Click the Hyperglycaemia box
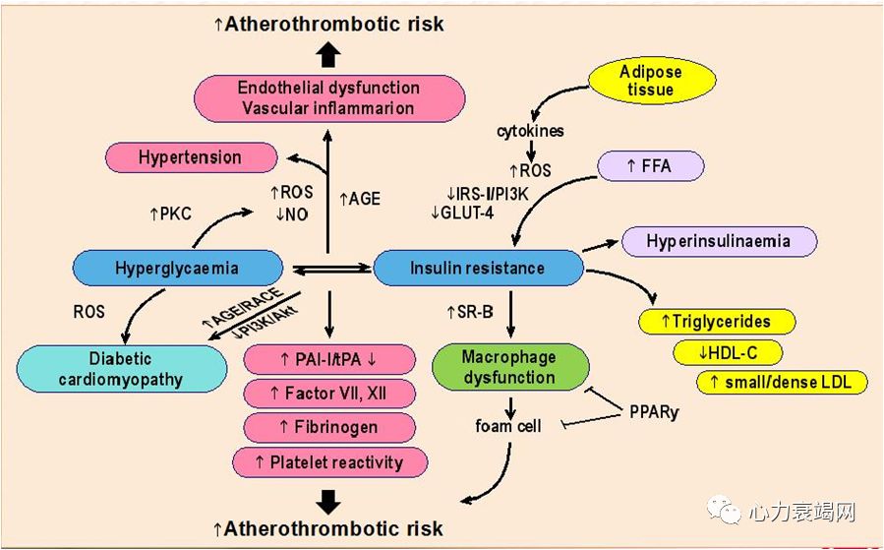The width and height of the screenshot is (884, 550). point(176,268)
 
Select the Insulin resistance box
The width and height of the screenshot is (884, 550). point(477,268)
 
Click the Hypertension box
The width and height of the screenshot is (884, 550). point(190,156)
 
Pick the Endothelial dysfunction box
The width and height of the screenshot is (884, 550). point(327,97)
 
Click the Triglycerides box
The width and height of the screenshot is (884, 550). point(716,321)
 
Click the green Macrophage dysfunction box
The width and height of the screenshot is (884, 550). point(509,366)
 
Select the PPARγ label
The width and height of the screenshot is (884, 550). point(654,411)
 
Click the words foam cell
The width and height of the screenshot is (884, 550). point(509,426)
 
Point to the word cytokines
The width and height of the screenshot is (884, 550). point(529,130)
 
